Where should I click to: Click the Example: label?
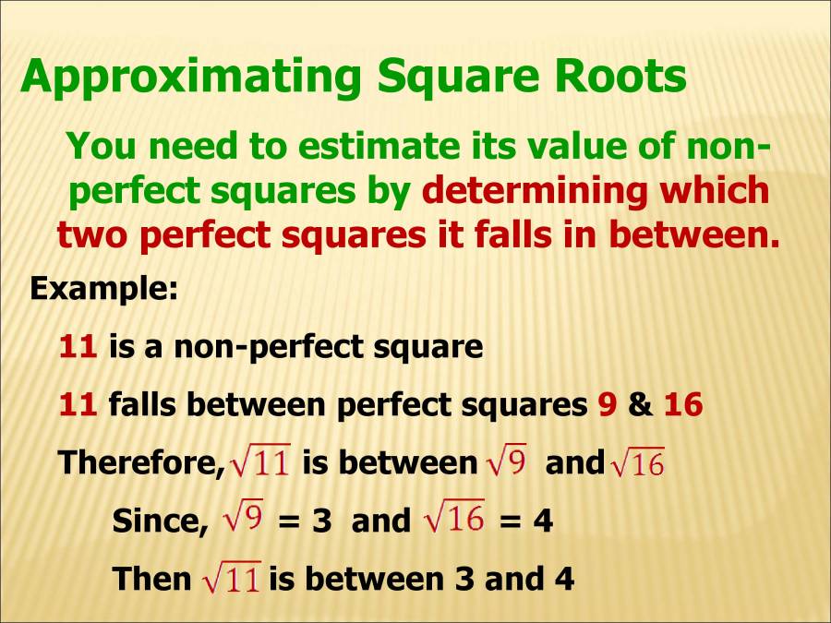click(x=103, y=289)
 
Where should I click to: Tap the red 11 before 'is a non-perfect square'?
click(x=78, y=347)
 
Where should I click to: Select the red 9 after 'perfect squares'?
click(x=607, y=405)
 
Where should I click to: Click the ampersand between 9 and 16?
click(x=640, y=405)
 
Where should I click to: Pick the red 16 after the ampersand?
click(x=683, y=405)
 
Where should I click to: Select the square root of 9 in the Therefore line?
click(x=506, y=461)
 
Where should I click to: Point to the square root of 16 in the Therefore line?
click(x=637, y=462)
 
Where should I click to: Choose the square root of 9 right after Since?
click(x=245, y=520)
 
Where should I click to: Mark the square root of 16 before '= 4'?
click(x=454, y=520)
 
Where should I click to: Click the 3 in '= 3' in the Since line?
click(x=321, y=521)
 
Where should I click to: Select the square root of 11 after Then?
click(x=231, y=579)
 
